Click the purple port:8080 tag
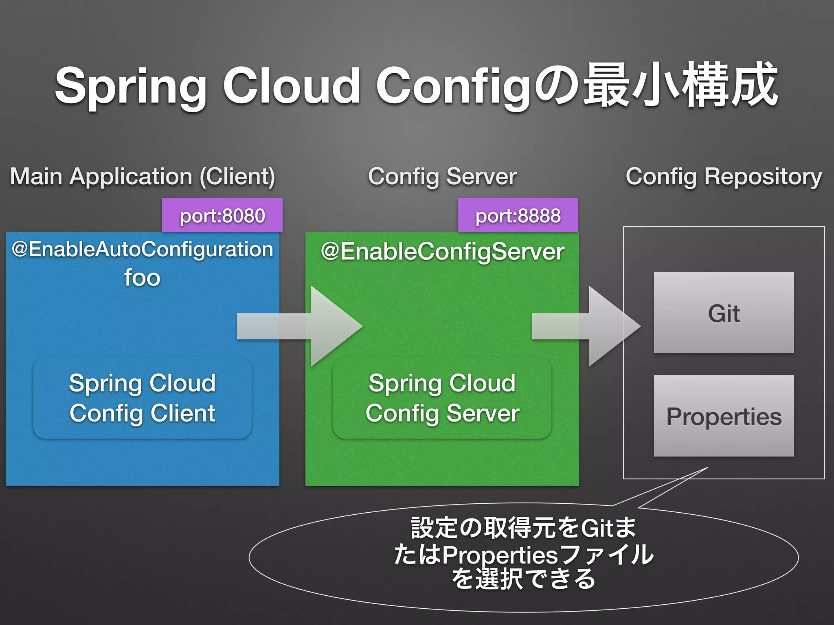pos(222,215)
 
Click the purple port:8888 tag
pos(518,215)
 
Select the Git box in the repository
pos(724,312)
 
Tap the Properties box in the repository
pos(724,416)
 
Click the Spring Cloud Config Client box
pos(142,398)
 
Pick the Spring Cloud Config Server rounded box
pos(442,398)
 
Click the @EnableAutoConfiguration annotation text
pos(142,249)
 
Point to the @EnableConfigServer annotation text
pos(442,251)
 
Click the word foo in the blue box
pos(142,278)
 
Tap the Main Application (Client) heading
pos(142,177)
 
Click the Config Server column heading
pos(442,177)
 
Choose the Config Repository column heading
pos(724,177)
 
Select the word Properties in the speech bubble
pos(500,555)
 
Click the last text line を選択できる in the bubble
pos(524,579)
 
